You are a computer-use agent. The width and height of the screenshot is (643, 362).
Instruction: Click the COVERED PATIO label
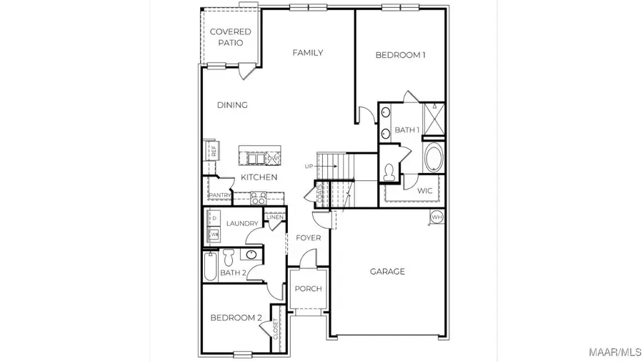(230, 37)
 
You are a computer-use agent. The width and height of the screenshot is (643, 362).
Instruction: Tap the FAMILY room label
(308, 52)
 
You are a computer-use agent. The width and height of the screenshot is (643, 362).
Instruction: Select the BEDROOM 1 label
(401, 55)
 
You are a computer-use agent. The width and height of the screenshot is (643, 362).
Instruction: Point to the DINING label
(232, 105)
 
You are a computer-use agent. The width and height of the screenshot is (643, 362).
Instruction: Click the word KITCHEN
(259, 177)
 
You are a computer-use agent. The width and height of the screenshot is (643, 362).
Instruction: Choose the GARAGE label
(387, 271)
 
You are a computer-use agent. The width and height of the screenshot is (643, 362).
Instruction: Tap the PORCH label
(308, 289)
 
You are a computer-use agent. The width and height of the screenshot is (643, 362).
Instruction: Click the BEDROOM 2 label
(236, 318)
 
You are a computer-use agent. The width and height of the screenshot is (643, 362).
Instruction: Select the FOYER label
(309, 238)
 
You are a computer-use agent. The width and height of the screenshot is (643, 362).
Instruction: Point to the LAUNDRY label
(242, 224)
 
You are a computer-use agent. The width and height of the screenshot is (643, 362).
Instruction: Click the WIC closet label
(425, 190)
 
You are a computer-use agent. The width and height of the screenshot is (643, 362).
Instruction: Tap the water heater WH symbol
(436, 217)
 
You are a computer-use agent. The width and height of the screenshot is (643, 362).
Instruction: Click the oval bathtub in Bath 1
(433, 157)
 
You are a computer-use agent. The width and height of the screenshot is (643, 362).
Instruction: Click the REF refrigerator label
(213, 152)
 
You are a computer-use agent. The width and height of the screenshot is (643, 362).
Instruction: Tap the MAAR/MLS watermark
(614, 352)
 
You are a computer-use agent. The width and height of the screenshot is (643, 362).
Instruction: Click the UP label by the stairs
(309, 167)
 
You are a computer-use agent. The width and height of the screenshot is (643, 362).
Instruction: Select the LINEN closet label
(275, 217)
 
